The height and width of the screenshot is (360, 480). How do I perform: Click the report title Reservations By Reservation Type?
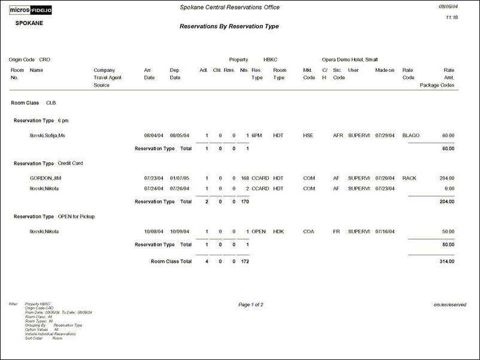point(229,26)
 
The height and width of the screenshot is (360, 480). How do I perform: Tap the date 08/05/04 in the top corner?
point(448,6)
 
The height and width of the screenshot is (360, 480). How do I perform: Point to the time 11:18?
point(452,18)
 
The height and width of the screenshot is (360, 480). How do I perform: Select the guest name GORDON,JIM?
point(44,178)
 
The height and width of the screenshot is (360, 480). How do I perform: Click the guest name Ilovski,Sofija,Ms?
point(47,136)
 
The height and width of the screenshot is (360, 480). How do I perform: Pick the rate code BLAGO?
point(411,136)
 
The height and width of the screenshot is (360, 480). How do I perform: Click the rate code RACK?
point(409,178)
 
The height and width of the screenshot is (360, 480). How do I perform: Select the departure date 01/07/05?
point(179,178)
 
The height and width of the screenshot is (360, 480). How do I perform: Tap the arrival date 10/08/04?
point(153,231)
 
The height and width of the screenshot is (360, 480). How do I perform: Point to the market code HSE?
point(308,136)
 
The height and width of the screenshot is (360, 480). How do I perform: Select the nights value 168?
point(244,178)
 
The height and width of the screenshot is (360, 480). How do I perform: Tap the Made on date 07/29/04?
point(384,136)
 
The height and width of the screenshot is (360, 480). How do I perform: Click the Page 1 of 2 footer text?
point(251,305)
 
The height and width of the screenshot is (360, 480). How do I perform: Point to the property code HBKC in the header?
point(271,60)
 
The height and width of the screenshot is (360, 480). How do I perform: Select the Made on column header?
point(384,70)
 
